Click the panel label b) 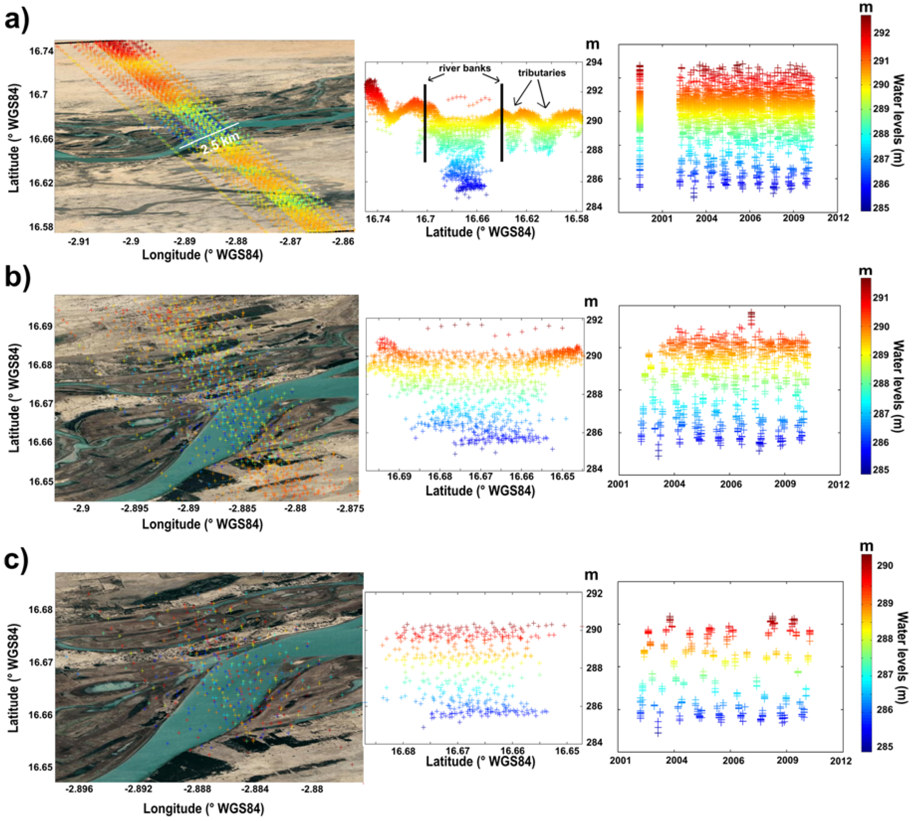click(x=17, y=278)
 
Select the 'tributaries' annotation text click(x=541, y=73)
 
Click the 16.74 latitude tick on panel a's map click(x=41, y=51)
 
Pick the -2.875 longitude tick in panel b click(x=350, y=508)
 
